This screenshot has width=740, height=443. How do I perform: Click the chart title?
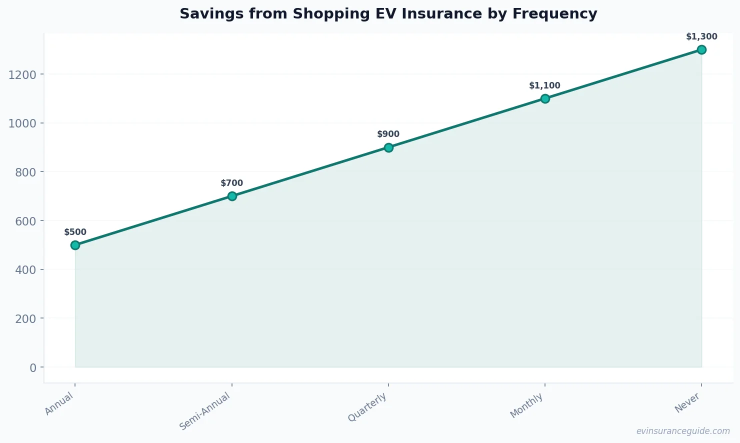[x=388, y=14]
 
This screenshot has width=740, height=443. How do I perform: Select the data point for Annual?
[x=75, y=245]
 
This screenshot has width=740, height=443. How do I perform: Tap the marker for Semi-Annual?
[x=232, y=196]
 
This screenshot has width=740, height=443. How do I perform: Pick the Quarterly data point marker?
[x=388, y=147]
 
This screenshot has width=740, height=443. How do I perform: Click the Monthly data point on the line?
[x=545, y=98]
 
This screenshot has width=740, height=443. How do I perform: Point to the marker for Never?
[x=701, y=49]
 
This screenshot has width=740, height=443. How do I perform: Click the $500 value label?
[x=75, y=232]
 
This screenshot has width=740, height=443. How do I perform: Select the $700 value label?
[x=232, y=183]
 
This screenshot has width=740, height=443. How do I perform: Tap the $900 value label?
[x=388, y=134]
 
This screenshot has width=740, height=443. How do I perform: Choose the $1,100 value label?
[x=545, y=86]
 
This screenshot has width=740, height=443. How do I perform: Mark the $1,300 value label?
[x=701, y=37]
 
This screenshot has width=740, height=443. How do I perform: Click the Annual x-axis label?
[x=59, y=403]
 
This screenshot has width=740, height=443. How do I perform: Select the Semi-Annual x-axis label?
[x=205, y=411]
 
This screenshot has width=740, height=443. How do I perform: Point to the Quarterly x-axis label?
[x=367, y=407]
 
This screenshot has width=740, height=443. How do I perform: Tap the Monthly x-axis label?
[x=526, y=405]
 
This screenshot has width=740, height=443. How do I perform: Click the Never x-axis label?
[x=687, y=402]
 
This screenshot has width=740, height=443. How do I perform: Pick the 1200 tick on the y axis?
[x=22, y=74]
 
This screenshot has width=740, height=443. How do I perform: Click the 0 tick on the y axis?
[x=33, y=367]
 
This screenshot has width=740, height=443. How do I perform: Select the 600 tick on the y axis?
[x=25, y=221]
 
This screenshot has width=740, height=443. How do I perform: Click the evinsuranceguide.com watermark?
[x=683, y=431]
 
